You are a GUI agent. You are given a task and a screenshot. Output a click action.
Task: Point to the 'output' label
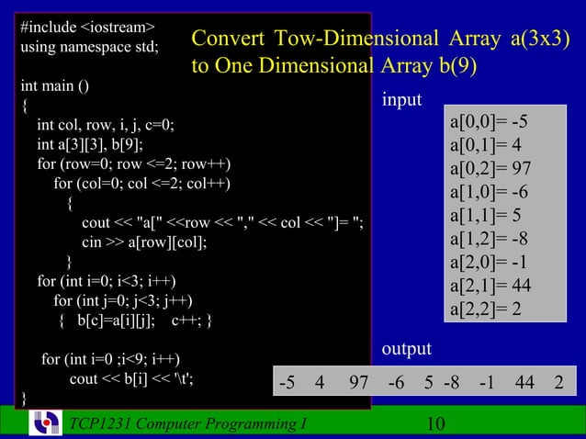(x=406, y=350)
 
